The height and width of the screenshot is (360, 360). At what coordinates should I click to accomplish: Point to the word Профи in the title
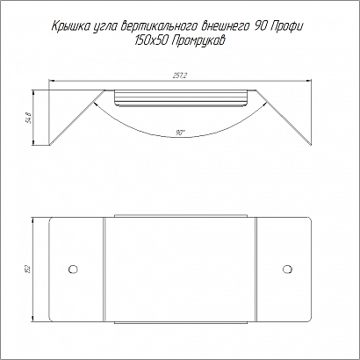tap(287, 26)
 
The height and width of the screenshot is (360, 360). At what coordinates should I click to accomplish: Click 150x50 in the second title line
tap(150, 40)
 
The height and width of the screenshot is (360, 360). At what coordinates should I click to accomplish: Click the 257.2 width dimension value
tap(180, 76)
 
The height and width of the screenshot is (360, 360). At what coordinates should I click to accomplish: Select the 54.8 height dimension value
tap(29, 118)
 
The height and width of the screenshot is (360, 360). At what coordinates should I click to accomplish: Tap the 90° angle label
tap(180, 133)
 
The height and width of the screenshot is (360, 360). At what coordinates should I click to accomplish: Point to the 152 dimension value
tap(29, 270)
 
